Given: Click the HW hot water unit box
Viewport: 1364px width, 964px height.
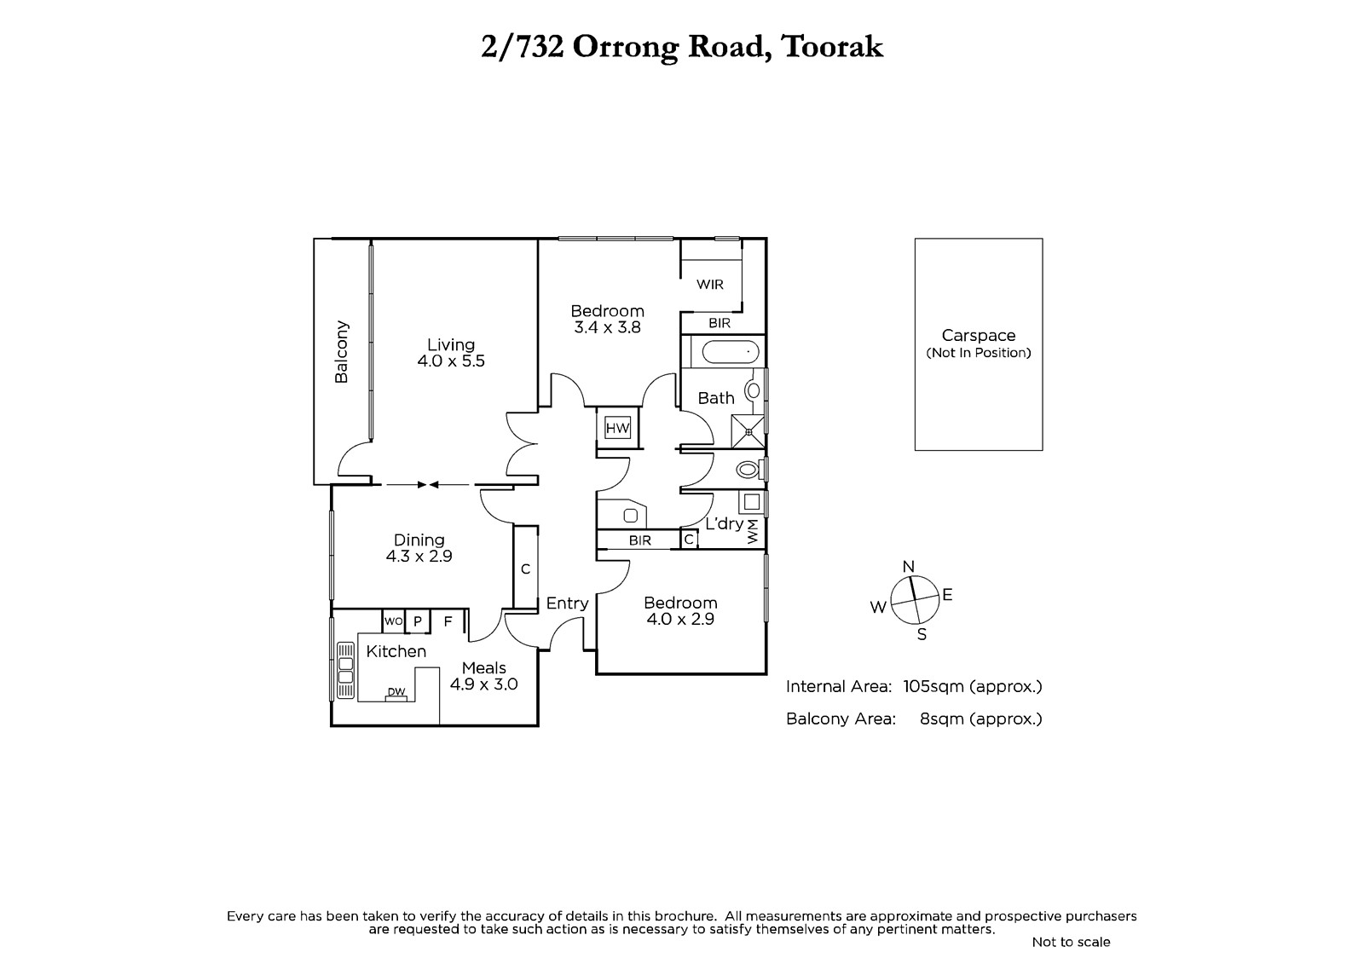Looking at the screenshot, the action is point(617,428).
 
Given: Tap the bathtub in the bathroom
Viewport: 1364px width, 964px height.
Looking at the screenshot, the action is point(730,352).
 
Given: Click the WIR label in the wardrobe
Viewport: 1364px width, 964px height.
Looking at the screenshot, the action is point(710,285).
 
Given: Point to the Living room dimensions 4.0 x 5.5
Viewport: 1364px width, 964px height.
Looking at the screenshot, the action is point(451,361).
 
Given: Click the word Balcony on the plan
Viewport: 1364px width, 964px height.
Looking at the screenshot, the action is point(342,352).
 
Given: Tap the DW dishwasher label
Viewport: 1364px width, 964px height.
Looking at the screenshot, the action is point(396,691).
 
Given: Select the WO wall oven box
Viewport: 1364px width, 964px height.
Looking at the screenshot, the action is point(393,621).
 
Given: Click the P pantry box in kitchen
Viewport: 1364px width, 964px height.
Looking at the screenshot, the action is point(418,621).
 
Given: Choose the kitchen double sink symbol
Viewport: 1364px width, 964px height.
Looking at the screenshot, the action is point(345,670).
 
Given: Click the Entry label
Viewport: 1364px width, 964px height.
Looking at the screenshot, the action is point(567,603).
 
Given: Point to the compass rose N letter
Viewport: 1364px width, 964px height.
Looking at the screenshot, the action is point(908,566).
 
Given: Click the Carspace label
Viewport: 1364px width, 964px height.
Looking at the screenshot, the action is point(979,336).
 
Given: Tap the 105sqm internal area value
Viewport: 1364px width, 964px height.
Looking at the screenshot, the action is point(933,687).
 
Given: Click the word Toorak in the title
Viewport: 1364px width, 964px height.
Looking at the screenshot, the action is point(832,48).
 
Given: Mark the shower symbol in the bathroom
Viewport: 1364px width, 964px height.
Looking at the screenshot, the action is point(748,432).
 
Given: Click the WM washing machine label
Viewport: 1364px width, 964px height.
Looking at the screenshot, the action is point(753,532).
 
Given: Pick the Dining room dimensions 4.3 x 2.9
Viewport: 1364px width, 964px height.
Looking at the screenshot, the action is point(419,557).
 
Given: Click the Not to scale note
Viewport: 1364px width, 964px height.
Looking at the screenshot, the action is point(1071,942).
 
